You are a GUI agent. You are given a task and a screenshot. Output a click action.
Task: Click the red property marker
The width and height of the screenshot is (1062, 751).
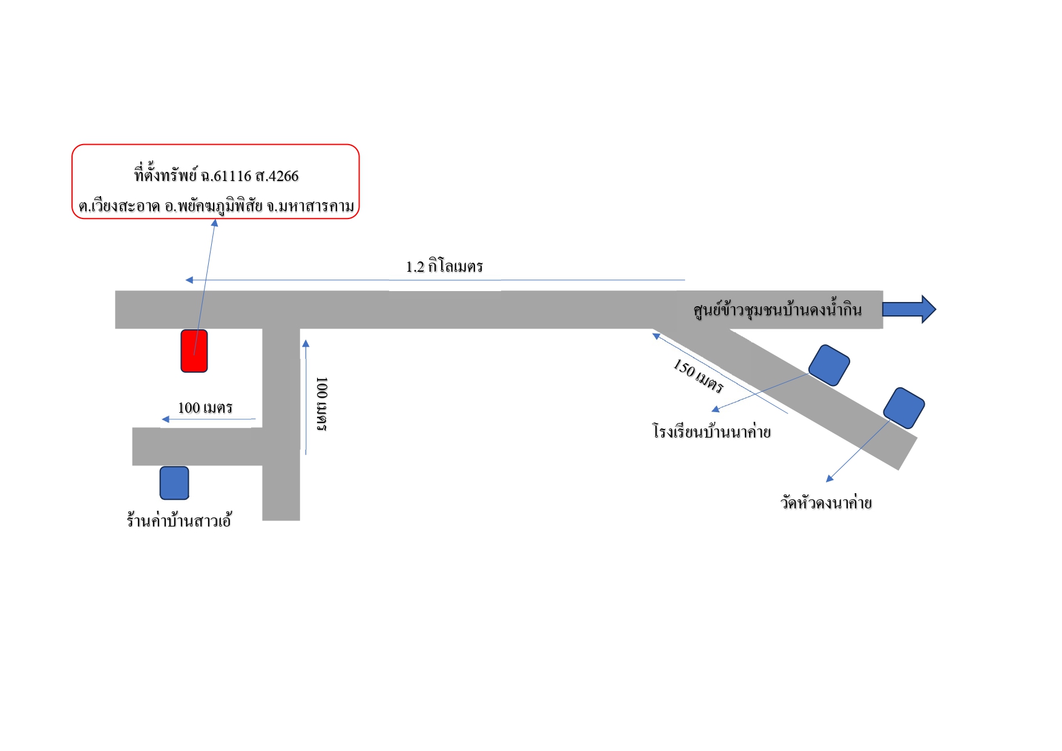click(x=194, y=351)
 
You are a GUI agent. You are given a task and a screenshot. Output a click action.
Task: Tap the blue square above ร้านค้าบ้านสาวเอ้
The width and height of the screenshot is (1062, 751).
click(x=174, y=483)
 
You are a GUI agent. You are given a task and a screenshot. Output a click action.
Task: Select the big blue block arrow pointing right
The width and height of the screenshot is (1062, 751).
click(x=909, y=309)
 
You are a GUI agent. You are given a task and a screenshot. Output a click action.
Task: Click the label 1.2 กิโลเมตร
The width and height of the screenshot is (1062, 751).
click(x=444, y=266)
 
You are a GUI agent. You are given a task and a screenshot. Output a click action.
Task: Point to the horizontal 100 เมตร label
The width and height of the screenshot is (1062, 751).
click(x=205, y=408)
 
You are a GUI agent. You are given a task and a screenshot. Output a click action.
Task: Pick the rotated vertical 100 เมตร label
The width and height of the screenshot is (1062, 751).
click(x=322, y=404)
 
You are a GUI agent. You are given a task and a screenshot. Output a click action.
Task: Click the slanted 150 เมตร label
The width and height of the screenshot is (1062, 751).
click(x=698, y=376)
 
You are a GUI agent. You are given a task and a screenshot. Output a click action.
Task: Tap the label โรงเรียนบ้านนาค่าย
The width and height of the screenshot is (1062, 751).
click(x=712, y=431)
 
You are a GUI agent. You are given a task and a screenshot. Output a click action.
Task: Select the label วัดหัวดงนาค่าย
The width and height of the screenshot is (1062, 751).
click(x=826, y=502)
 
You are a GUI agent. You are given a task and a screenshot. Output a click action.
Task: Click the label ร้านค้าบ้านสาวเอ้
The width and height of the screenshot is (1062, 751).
click(x=179, y=520)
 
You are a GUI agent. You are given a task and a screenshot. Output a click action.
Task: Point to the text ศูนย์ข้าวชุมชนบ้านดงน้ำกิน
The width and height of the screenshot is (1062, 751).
click(x=778, y=310)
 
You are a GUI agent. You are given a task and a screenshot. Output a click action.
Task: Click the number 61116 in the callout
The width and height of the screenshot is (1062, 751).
click(x=232, y=176)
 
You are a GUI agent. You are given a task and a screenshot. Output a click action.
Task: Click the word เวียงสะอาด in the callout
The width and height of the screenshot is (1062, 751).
click(x=125, y=206)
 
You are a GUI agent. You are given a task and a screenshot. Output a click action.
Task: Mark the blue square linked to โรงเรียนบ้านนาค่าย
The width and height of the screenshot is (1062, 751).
click(x=830, y=365)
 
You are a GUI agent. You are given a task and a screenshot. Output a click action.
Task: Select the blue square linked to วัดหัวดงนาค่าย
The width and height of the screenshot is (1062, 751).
click(x=904, y=408)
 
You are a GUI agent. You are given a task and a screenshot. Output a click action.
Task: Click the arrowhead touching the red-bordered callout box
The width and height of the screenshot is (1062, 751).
click(x=214, y=223)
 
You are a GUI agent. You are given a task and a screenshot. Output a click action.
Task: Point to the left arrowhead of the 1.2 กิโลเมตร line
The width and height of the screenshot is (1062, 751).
click(x=189, y=280)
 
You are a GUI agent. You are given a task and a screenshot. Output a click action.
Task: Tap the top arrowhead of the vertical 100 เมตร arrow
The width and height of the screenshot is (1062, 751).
click(x=306, y=344)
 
